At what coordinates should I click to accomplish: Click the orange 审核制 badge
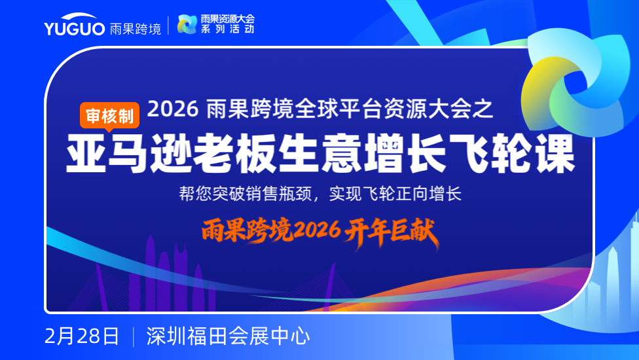[x=109, y=117]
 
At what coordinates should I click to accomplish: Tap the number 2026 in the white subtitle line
[x=173, y=109]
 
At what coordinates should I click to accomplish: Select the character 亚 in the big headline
[x=86, y=154]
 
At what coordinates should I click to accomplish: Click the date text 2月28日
[x=81, y=336]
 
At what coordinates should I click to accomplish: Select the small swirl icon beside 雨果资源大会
[x=187, y=24]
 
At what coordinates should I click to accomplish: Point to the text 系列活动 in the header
[x=227, y=29]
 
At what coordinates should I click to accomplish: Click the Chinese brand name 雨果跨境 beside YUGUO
[x=136, y=29]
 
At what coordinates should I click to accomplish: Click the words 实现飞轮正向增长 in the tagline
[x=395, y=194]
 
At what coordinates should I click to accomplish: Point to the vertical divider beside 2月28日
[x=134, y=337]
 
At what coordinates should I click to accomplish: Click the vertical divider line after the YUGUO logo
[x=168, y=26]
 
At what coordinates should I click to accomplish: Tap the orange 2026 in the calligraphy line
[x=317, y=231]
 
